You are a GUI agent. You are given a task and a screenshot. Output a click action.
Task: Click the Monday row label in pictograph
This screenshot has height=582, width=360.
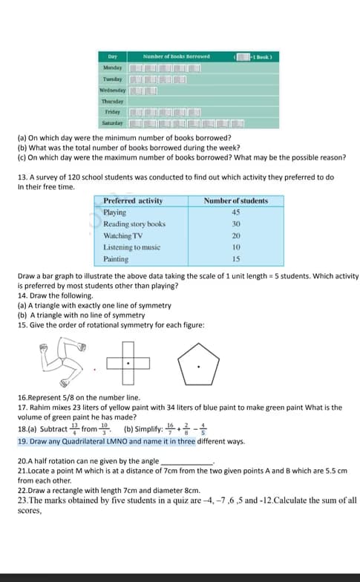[x=114, y=68]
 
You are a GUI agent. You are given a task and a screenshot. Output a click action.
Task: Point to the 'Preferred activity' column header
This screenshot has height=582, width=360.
[x=133, y=201]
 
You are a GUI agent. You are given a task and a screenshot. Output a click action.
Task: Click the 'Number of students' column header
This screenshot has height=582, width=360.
[x=236, y=201]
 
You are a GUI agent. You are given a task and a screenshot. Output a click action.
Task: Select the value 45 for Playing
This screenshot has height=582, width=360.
[x=236, y=212]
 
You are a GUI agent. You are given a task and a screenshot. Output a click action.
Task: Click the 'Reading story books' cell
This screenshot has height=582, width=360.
[x=134, y=224]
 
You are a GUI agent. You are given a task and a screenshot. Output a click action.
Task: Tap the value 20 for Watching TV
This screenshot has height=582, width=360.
[x=236, y=235]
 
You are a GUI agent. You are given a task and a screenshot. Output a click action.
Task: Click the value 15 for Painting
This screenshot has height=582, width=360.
[x=236, y=259]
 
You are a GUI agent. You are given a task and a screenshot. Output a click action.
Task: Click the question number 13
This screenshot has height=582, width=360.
[x=21, y=177]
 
